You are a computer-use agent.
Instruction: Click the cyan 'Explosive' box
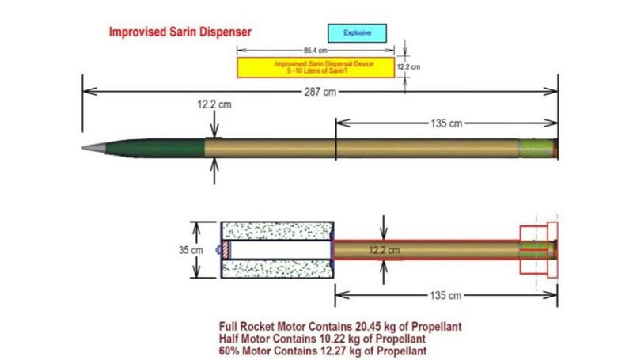pyautogui.click(x=358, y=32)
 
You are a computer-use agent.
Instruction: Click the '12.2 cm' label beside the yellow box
pyautogui.click(x=407, y=67)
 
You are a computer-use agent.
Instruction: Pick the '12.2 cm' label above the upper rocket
pyautogui.click(x=210, y=105)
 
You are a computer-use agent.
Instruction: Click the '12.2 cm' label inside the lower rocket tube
pyautogui.click(x=385, y=249)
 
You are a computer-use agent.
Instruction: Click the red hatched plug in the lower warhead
pyautogui.click(x=225, y=249)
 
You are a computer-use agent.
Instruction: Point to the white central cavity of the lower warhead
pyautogui.click(x=277, y=249)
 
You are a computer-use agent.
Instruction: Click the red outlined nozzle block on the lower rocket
pyautogui.click(x=538, y=249)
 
